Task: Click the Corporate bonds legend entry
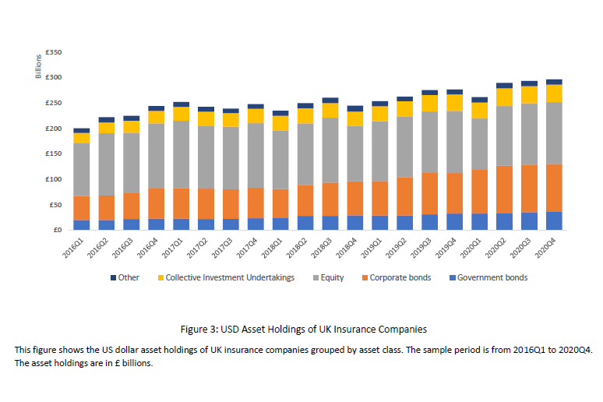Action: point(399,277)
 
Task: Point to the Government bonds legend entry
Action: point(492,277)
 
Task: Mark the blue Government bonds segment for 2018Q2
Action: point(305,223)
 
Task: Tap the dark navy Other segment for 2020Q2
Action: point(504,85)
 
